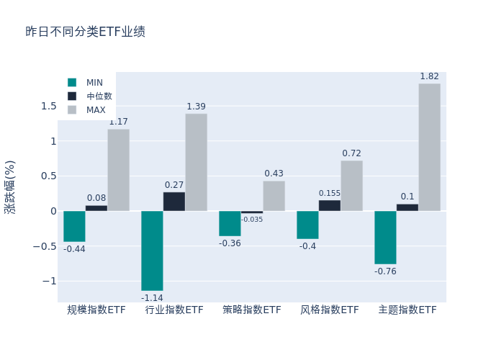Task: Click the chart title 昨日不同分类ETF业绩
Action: [x=85, y=32]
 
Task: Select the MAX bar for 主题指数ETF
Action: [x=429, y=147]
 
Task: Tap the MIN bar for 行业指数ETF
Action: [x=152, y=251]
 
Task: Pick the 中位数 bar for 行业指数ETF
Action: [x=174, y=202]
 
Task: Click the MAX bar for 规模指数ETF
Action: [x=119, y=170]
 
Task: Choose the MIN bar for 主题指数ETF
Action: [x=385, y=238]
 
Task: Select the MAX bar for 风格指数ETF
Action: [x=351, y=186]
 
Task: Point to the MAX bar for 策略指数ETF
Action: [x=274, y=196]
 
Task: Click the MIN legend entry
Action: [x=86, y=83]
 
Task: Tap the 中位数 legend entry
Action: [x=91, y=96]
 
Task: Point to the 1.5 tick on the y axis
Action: [x=49, y=107]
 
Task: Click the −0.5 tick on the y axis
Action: [x=45, y=246]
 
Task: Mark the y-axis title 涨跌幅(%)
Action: [x=10, y=186]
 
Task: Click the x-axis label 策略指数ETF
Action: [x=252, y=310]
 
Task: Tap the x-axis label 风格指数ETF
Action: [x=330, y=310]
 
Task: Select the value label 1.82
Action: [x=429, y=76]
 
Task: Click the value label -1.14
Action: [x=152, y=298]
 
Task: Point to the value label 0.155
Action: [x=330, y=193]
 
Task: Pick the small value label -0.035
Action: [x=252, y=220]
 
